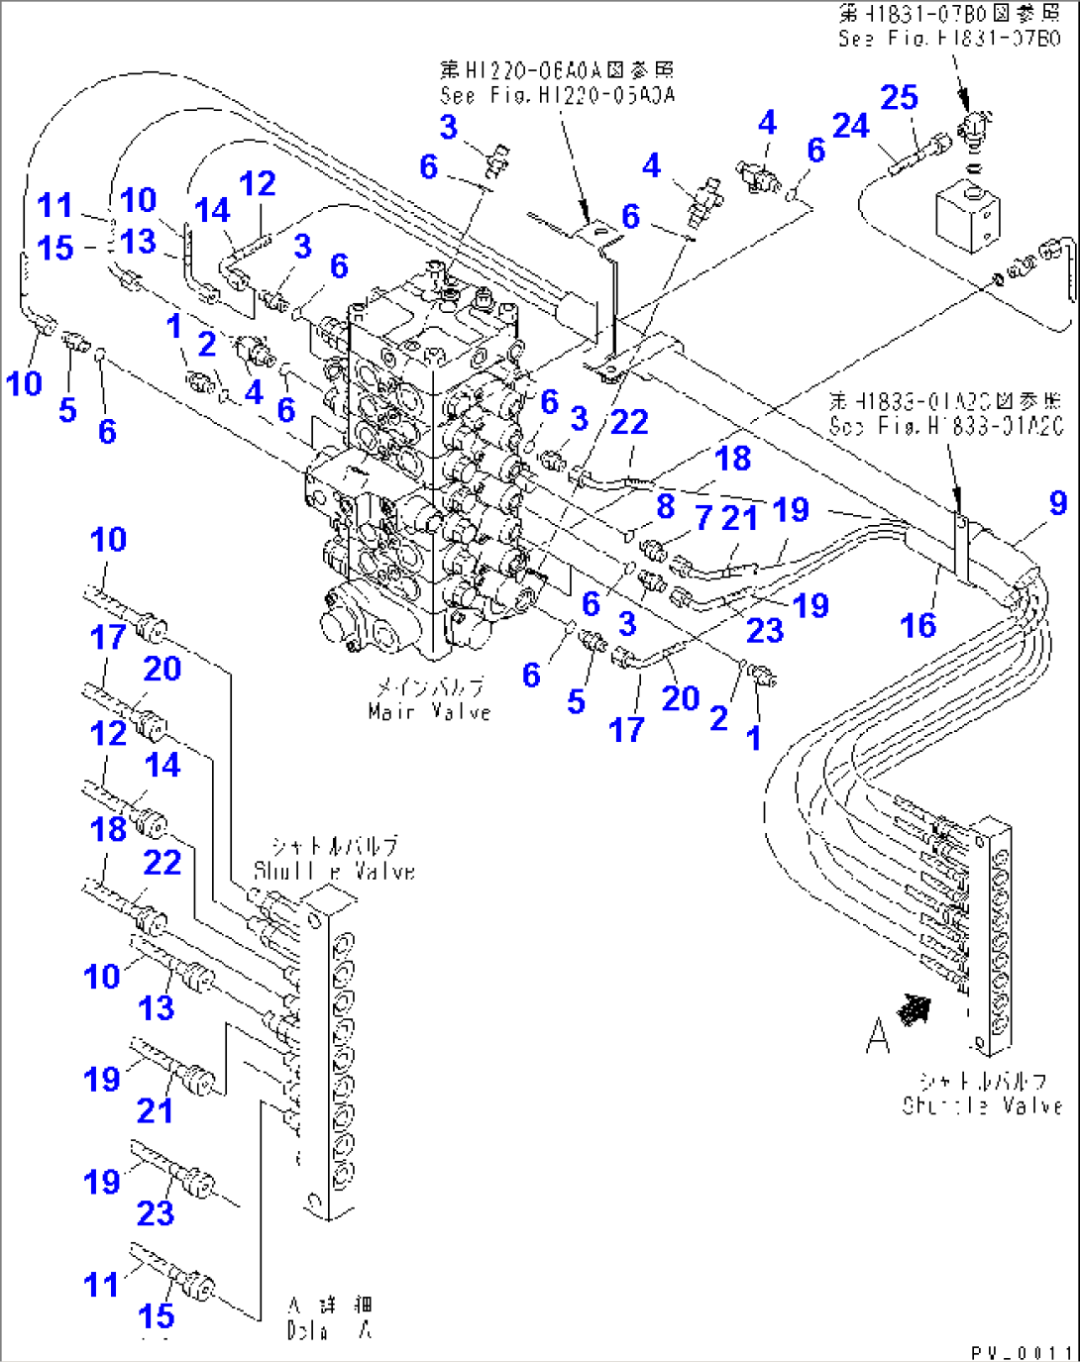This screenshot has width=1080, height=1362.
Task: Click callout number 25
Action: point(899,97)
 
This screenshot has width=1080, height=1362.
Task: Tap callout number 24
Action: point(850,126)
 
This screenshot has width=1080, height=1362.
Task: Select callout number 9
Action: point(1057,502)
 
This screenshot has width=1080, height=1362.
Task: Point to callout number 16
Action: point(918,625)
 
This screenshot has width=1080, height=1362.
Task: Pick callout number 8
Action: point(665,505)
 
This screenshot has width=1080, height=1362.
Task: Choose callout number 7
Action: point(703,516)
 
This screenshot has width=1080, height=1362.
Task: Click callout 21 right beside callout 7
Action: point(739,517)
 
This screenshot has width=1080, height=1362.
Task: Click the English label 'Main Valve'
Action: point(429,711)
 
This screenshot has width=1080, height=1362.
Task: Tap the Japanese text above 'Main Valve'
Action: point(429,686)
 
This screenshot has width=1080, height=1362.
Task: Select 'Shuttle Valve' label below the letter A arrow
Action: point(981,1105)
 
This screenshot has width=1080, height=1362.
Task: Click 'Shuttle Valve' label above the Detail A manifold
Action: point(334,871)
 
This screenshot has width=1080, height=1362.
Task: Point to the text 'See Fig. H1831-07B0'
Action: point(948,39)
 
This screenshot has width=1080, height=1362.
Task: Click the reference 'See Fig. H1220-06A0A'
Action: point(558,95)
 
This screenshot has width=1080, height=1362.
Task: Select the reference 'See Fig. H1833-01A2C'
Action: point(945,426)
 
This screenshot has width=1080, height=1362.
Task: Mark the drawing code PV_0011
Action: point(1021,1351)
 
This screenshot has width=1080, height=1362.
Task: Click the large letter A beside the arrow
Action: point(877,1035)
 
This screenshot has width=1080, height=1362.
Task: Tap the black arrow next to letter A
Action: point(914,1009)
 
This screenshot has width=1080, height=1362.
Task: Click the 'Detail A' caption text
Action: point(330,1330)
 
